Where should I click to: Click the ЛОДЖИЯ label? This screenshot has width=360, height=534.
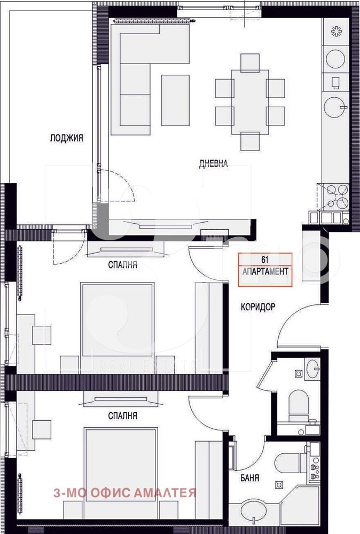click(x=66, y=138)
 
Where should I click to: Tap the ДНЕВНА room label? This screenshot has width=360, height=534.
click(x=213, y=164)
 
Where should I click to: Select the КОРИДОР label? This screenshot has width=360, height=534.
click(x=258, y=307)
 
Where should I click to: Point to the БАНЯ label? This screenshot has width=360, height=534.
click(x=249, y=478)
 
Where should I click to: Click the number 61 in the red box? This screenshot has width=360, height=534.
click(x=265, y=260)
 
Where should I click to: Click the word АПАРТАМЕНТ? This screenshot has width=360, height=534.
click(x=265, y=271)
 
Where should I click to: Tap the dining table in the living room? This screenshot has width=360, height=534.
click(x=250, y=102)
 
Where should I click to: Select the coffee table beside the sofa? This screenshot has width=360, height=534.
click(x=175, y=100)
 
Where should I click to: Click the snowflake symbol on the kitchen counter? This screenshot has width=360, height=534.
click(x=336, y=32)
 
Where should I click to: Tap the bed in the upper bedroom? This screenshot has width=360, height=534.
click(x=118, y=327)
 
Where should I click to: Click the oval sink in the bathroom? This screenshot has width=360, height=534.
click(x=255, y=510)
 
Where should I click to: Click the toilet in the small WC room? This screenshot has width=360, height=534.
click(x=299, y=405)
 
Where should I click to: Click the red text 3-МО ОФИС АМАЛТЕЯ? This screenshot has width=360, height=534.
click(x=124, y=493)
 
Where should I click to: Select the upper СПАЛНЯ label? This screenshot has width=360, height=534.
click(x=123, y=265)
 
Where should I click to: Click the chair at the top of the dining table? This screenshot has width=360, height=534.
click(x=250, y=62)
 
